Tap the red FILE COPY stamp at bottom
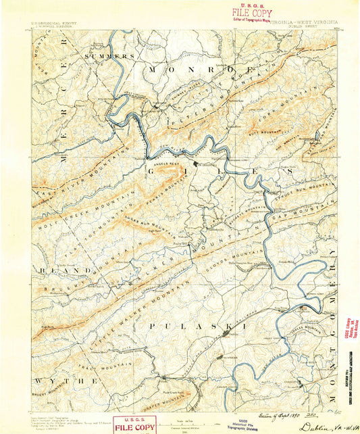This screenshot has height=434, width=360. [134, 425]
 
